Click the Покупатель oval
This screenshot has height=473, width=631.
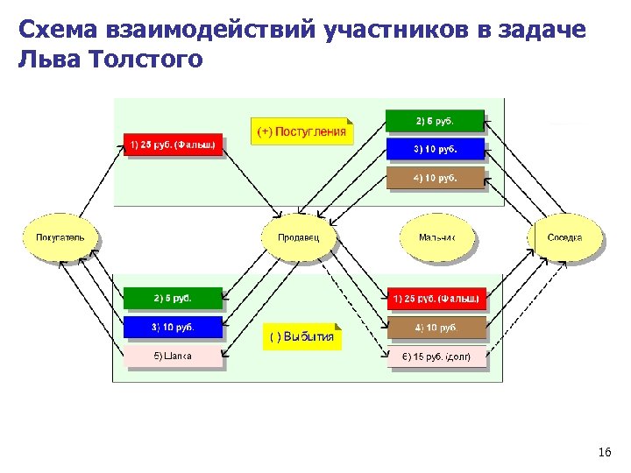coord(60,237)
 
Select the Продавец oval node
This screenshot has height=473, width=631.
coord(298,237)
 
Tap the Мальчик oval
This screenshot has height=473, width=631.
coord(436,237)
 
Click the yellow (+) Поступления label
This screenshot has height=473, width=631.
coord(301,132)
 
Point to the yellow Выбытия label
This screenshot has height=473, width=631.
coord(301,337)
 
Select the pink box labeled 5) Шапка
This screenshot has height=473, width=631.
coord(174,356)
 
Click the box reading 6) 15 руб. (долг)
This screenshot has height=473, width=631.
coord(436,357)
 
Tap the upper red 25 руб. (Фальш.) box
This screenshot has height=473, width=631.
coord(174,145)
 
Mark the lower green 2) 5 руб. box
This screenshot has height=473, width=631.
coord(174,298)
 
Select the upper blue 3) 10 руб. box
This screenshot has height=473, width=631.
coord(435,149)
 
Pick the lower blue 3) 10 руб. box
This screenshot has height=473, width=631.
coord(174,328)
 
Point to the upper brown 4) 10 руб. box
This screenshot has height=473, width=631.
coord(435,178)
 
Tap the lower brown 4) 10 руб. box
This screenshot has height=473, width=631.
coord(436,328)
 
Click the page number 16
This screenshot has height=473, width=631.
coord(604,452)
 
